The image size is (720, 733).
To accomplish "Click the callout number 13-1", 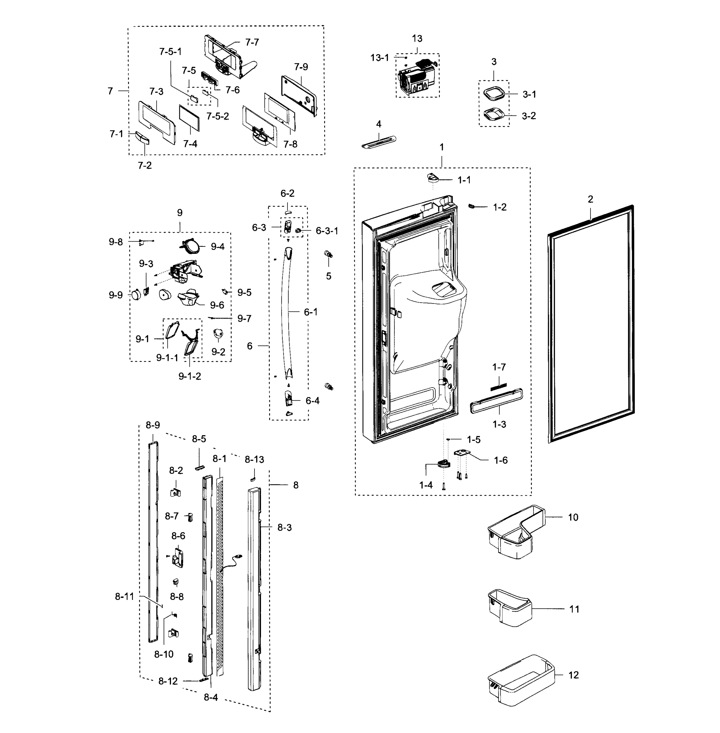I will [x=379, y=58].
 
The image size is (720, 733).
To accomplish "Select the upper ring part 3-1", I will [x=493, y=94].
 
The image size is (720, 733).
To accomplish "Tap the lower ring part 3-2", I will [x=493, y=115].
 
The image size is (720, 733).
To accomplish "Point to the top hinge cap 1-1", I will [x=432, y=178].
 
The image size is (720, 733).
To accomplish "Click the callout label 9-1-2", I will [x=189, y=376].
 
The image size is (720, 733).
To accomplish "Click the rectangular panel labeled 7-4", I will [x=189, y=118].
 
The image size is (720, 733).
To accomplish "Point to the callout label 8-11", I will [x=124, y=596].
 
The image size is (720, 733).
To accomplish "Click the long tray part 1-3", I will [x=496, y=400].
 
